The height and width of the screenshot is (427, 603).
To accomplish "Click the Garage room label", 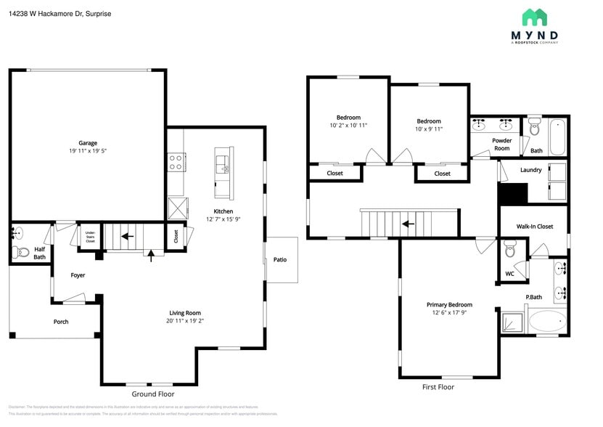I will click(88, 143).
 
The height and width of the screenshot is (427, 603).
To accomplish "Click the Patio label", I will click(280, 259).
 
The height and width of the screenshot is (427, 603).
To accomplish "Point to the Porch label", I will click(61, 322).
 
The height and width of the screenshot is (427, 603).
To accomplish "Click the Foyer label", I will click(78, 275).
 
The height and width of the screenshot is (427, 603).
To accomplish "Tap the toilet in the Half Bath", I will click(20, 253).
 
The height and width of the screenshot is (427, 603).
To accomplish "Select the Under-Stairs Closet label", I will click(90, 237).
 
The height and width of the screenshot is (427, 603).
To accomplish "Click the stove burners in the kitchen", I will click(176, 161).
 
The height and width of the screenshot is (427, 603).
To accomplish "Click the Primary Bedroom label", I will click(449, 305).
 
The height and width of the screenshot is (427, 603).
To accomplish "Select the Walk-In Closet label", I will click(534, 227).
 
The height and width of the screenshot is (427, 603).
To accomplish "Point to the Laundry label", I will click(530, 170).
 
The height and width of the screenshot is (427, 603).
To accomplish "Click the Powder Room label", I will click(501, 144).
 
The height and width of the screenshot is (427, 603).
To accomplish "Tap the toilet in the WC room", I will click(510, 252).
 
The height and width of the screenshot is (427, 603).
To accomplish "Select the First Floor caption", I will click(438, 387).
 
